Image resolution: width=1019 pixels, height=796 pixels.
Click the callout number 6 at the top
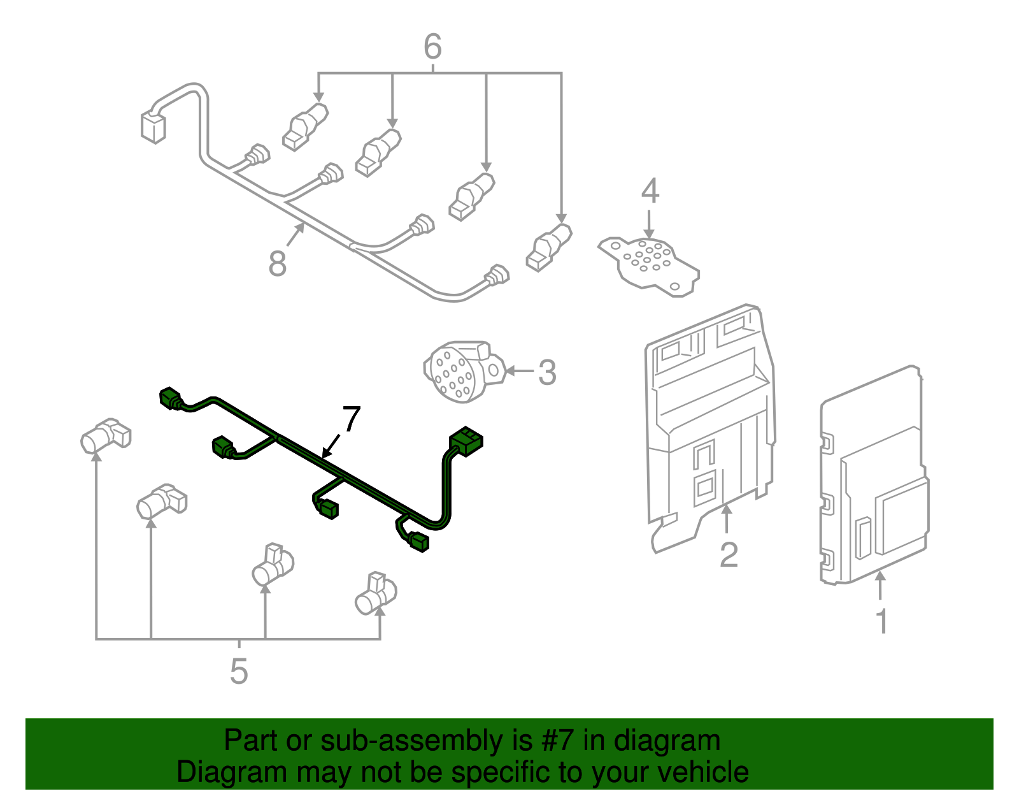point(432,47)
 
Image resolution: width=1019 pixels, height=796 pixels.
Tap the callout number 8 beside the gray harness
point(278,263)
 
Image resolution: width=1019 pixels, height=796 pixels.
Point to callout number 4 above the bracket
point(650,191)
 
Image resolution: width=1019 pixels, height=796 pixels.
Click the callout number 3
point(547,372)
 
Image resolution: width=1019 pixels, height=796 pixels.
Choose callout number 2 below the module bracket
point(729,554)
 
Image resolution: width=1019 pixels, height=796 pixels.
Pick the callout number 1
point(882,621)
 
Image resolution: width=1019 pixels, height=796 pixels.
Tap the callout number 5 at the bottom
point(239,670)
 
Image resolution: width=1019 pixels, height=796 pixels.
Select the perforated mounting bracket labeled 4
point(650,263)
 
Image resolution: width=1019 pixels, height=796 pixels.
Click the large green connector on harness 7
point(466,441)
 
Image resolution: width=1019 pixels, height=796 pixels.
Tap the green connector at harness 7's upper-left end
point(171,398)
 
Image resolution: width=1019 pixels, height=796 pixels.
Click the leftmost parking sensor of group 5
point(104,437)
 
